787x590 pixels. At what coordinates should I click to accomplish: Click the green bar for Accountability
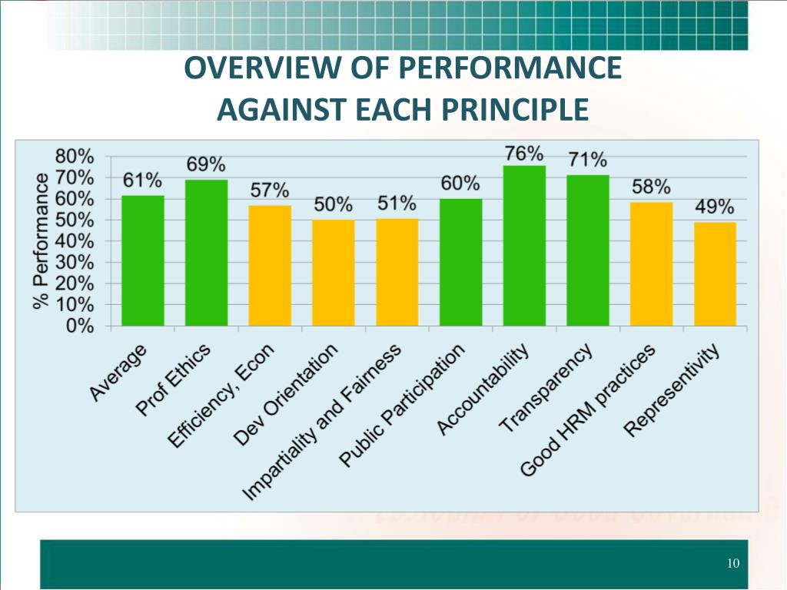point(524,246)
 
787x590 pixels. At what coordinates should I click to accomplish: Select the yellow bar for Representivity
point(715,274)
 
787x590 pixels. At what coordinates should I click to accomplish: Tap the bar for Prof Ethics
point(207,253)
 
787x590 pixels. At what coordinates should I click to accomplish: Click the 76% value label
point(524,154)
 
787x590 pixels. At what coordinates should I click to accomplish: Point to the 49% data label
point(715,207)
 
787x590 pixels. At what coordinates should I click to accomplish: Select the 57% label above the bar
point(270,190)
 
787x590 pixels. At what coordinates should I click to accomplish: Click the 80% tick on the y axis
point(75,156)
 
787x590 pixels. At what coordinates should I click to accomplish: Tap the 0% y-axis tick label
point(80,326)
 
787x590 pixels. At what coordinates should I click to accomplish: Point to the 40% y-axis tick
point(75,241)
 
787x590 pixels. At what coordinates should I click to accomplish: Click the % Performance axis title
point(40,240)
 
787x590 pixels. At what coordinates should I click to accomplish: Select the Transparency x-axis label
point(547,388)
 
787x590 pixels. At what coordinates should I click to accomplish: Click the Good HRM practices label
point(588,409)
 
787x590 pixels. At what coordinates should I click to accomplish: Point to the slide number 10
point(732,564)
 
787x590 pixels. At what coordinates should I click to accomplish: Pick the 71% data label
point(588,160)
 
